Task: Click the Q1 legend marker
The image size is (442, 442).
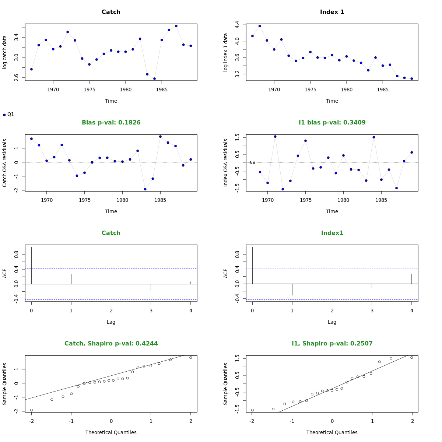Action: [4, 115]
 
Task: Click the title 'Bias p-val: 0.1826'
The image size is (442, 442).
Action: [111, 123]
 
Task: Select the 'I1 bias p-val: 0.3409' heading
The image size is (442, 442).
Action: [332, 123]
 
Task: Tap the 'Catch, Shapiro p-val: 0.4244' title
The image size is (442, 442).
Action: [111, 344]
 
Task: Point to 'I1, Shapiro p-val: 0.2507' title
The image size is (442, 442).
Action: [332, 344]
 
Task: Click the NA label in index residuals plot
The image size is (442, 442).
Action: [252, 163]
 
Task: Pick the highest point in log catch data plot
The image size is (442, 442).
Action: [176, 26]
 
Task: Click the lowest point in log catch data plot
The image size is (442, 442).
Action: [154, 78]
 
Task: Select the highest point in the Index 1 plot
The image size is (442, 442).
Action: [260, 26]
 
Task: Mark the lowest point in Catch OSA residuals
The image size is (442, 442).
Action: [145, 189]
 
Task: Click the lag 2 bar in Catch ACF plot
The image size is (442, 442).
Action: [111, 290]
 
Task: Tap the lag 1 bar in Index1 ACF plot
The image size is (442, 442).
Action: [292, 290]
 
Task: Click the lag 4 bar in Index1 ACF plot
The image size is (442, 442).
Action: [411, 279]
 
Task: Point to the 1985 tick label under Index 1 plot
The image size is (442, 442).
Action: [383, 90]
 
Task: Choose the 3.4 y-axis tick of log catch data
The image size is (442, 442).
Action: [16, 37]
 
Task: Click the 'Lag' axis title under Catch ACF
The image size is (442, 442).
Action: [111, 322]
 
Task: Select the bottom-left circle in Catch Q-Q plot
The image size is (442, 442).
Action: [31, 410]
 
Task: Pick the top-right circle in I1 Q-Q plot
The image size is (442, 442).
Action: [411, 357]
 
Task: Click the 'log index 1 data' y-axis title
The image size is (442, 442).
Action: [226, 52]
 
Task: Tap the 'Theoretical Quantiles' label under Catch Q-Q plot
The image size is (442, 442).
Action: [111, 432]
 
